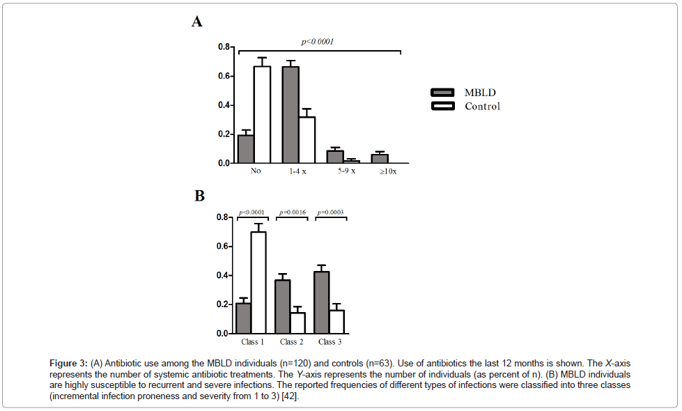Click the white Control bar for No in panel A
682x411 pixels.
(262, 115)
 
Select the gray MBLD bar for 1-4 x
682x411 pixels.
(290, 115)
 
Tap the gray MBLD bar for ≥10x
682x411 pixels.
(380, 159)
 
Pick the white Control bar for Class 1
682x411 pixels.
(258, 282)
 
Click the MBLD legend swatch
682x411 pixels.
(442, 93)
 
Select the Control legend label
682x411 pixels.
(482, 107)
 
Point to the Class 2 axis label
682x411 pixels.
(291, 342)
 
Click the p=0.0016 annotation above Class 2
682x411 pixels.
(292, 212)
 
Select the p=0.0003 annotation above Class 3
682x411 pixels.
(331, 212)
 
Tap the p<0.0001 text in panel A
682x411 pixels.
(318, 42)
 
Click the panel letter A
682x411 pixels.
(197, 22)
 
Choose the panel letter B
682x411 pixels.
(199, 196)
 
